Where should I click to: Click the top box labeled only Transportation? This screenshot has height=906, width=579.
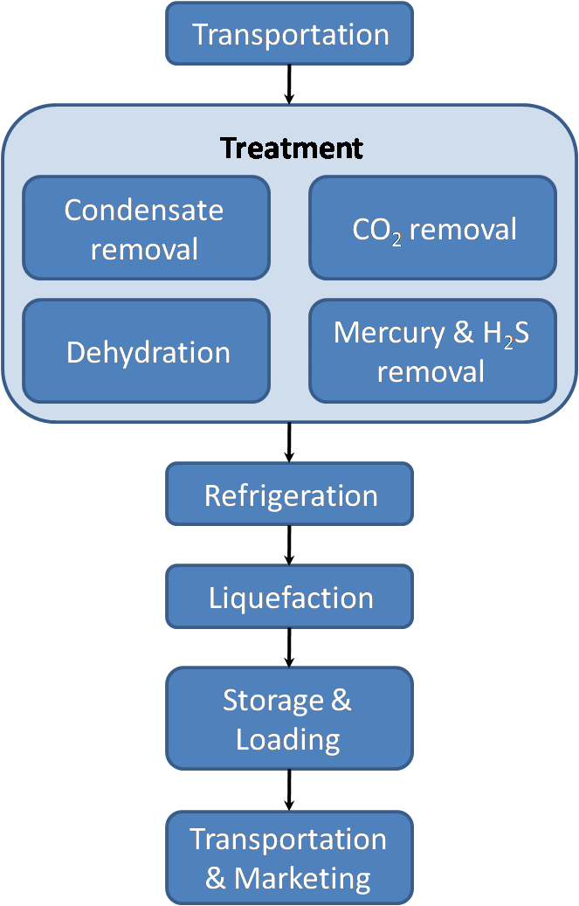[x=289, y=34]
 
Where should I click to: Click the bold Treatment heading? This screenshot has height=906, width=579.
[x=291, y=148]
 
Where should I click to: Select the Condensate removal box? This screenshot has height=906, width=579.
[x=145, y=228]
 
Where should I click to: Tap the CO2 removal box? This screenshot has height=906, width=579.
[x=432, y=228]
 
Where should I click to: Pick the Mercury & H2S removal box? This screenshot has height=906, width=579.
[x=432, y=351]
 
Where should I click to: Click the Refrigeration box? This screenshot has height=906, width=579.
[x=289, y=494]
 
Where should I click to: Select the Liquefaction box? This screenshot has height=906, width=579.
[x=289, y=598]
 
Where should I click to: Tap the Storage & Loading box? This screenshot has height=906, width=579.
[x=289, y=718]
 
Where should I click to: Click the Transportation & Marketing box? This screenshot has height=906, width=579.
[x=289, y=857]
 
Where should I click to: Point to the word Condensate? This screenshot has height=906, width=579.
[x=144, y=210]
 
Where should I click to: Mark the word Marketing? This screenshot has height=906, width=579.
[x=302, y=877]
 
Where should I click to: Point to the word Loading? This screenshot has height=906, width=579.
[x=287, y=739]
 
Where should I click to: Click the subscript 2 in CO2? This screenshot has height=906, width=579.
[x=396, y=239]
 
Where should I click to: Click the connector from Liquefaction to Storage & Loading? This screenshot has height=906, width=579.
[x=289, y=647]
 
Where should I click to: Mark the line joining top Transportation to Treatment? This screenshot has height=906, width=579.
[x=289, y=84]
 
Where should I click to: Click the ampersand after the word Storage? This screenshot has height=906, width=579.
[x=341, y=700]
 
